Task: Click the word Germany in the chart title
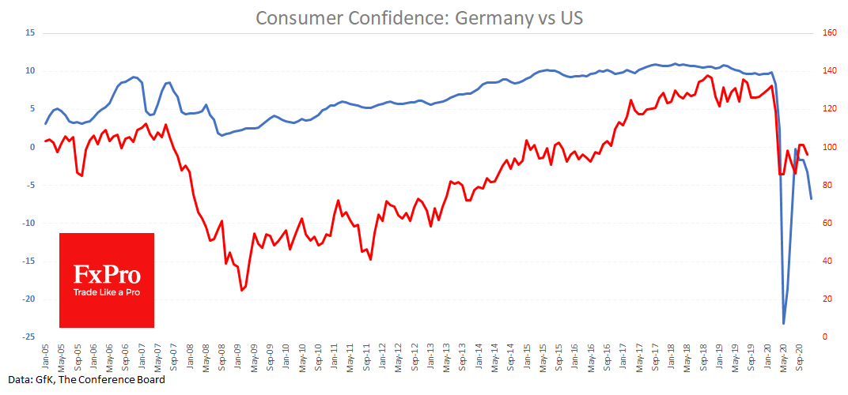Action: (x=494, y=17)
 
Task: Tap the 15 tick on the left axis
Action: (x=31, y=33)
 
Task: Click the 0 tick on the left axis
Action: (x=33, y=147)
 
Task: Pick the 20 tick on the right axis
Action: (x=827, y=299)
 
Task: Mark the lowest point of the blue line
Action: (x=784, y=323)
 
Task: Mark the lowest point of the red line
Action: (x=242, y=290)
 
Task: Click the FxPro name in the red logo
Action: (x=107, y=274)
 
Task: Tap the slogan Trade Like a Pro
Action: (x=107, y=292)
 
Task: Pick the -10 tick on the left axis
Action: (x=30, y=224)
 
